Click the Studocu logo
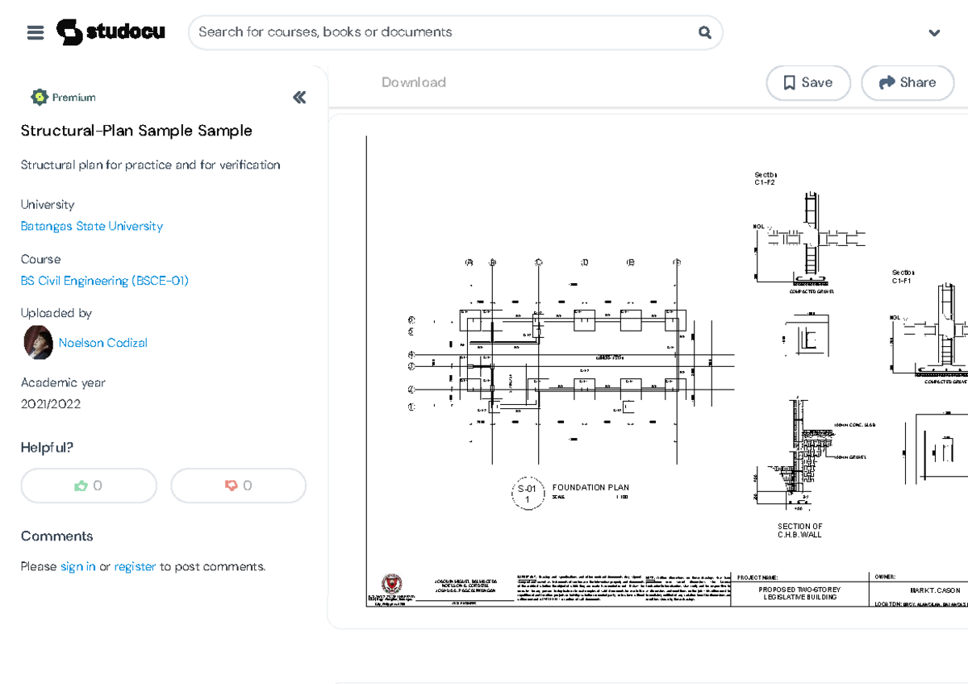coord(111,32)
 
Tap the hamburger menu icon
coord(35,33)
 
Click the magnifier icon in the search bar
coord(704,32)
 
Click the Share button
coord(907,82)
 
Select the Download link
coord(413,82)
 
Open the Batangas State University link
coord(91,226)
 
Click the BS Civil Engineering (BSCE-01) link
coord(105,281)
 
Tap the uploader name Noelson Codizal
coord(102,343)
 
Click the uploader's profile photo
coord(39,343)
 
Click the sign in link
coord(77,566)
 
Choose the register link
coord(135,566)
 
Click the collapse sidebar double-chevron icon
coord(299,98)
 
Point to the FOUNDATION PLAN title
coord(590,487)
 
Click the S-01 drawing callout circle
coord(527,494)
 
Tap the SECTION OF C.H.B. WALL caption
coord(799,530)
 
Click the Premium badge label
coord(73,98)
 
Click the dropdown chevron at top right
coord(934,33)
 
